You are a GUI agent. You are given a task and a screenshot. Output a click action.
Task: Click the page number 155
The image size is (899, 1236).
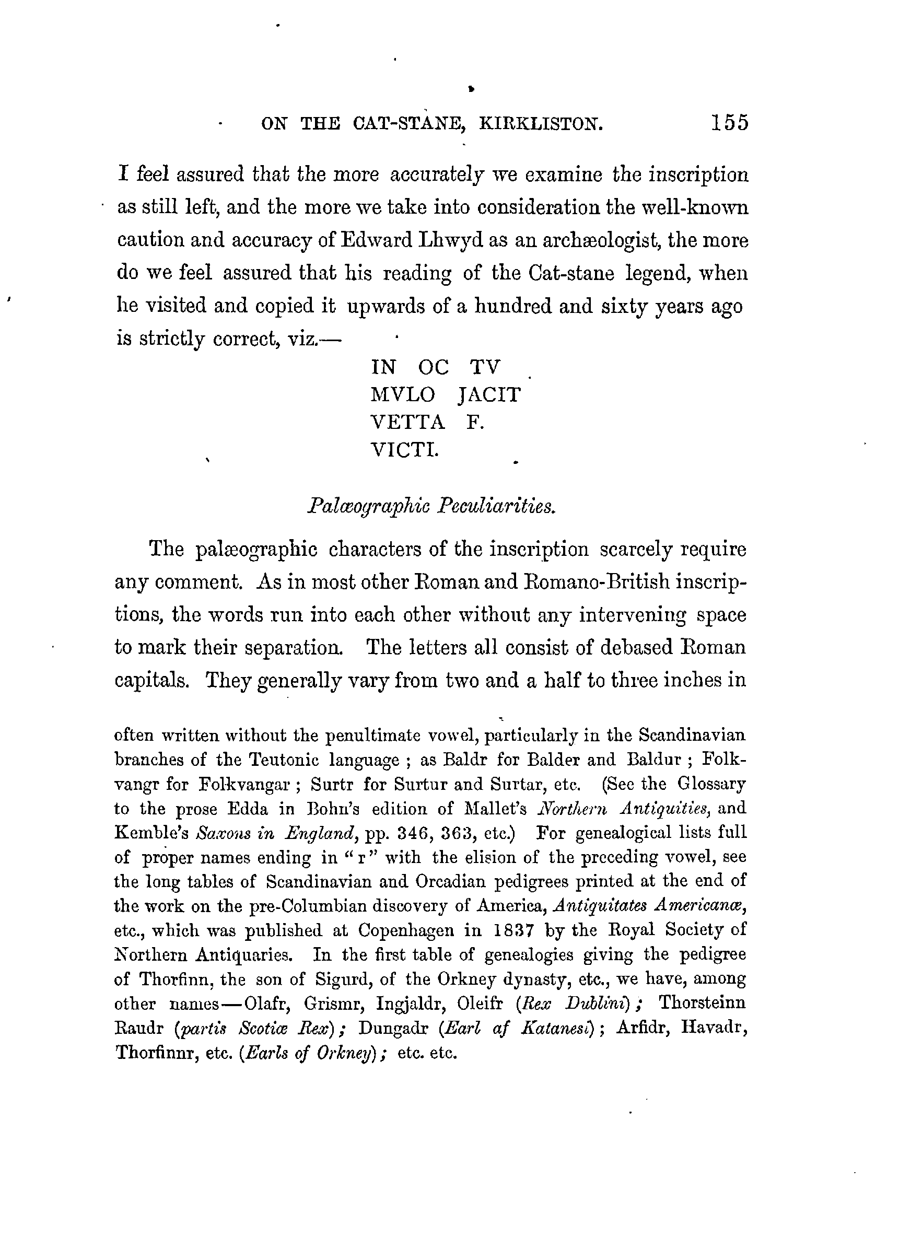coord(730,123)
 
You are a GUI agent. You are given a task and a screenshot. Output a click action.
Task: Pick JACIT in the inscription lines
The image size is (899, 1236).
coord(489,394)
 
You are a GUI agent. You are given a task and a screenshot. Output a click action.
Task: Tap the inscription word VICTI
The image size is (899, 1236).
coord(404,450)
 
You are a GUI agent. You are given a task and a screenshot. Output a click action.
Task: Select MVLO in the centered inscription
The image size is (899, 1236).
coord(403,394)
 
